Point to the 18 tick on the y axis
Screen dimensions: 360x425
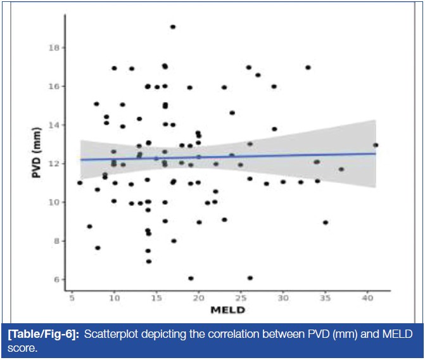point(57,48)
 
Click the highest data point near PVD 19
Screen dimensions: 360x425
point(172,27)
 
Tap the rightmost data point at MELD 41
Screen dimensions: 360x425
point(375,145)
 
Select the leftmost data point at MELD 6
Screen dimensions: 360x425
point(80,183)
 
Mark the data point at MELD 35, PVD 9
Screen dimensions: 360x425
point(325,222)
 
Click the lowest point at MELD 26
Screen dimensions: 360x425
point(250,278)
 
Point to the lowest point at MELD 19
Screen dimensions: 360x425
point(191,278)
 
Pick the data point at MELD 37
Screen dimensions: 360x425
point(341,169)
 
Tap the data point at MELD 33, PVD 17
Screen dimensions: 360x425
point(308,67)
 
